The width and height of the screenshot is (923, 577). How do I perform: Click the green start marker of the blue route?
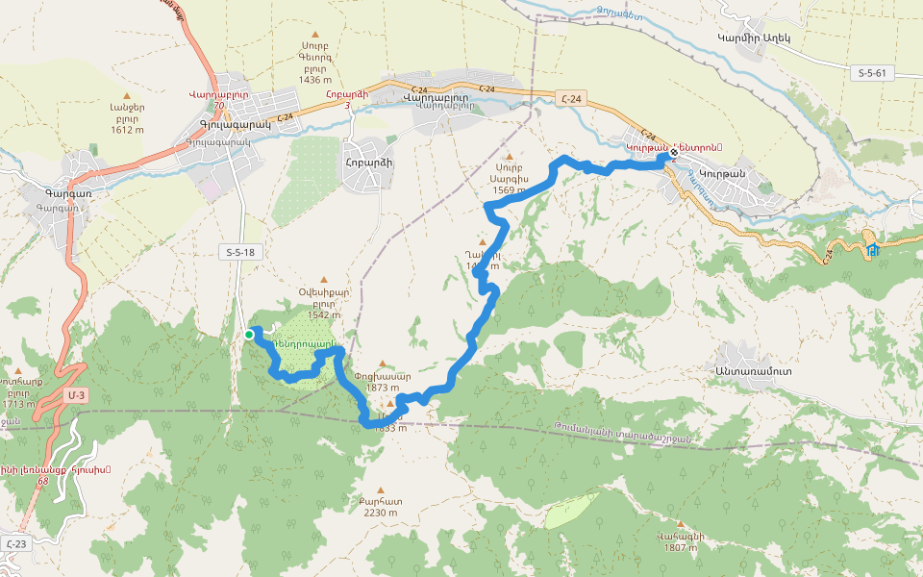point(249,335)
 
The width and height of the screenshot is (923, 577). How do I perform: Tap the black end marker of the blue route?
point(674,152)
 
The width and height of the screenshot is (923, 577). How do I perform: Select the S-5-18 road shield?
point(238,253)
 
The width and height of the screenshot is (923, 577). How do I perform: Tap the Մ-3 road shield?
point(77,395)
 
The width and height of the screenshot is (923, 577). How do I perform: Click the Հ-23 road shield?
point(14,544)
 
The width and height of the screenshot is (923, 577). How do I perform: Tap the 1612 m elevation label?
point(127,130)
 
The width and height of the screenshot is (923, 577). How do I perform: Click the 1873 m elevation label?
point(382,388)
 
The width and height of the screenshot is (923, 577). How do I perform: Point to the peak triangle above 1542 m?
point(323,280)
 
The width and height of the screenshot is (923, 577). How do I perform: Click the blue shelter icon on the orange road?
point(873,251)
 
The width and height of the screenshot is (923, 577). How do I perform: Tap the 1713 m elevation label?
point(19,404)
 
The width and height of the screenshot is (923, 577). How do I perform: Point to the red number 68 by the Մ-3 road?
point(41,480)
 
